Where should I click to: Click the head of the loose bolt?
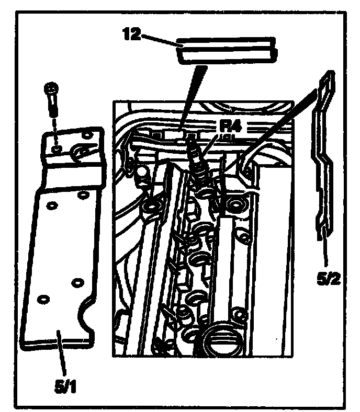[x=51, y=89]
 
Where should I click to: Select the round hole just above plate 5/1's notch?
[x=77, y=282]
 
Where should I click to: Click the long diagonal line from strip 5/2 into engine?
[x=272, y=131]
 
